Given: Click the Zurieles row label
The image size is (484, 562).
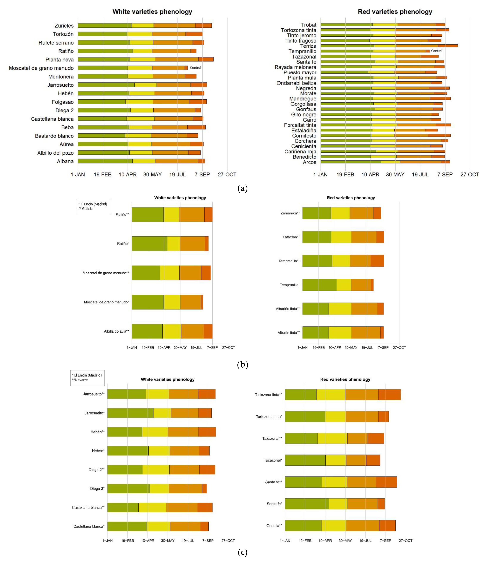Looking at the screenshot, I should coord(64,26).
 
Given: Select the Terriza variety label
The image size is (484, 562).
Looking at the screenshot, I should coord(308,46).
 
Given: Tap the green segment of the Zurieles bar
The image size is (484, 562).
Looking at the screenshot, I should coord(105,25).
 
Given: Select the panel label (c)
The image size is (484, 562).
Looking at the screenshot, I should coord(242,553).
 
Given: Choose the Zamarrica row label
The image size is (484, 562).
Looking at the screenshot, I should coord(290,213).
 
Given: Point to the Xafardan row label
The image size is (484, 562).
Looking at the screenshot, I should coord(291,237).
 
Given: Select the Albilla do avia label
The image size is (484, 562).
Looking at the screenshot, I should coord(116,331).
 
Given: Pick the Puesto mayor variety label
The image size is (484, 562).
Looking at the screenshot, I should coord(300,72).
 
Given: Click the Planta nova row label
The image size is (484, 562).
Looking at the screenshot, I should coord(59,60).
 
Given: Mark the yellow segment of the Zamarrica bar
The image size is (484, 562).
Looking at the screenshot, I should coord(340,213).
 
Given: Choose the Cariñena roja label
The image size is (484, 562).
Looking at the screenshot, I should coord(300,152).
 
